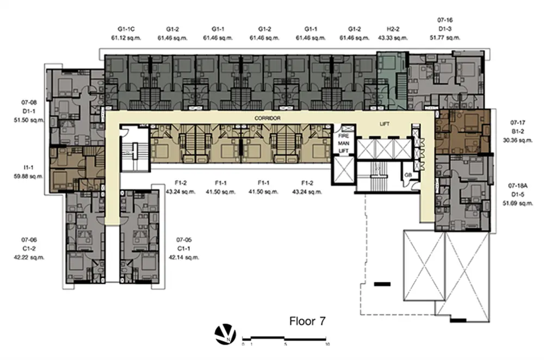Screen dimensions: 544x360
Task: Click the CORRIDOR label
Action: tap(267, 118)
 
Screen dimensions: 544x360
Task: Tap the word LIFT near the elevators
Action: tap(385, 124)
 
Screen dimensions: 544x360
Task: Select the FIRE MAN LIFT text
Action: tap(343, 143)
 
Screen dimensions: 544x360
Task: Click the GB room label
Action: tap(408, 175)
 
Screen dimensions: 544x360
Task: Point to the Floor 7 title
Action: tap(307, 321)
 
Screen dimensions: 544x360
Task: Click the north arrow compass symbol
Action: tap(225, 334)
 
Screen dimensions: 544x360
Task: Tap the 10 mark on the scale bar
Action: tap(327, 344)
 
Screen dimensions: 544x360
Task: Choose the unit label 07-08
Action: tap(29, 102)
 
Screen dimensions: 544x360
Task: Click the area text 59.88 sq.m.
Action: tap(29, 176)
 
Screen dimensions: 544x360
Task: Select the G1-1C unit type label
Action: tap(126, 29)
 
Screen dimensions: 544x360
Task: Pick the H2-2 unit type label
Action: tap(393, 29)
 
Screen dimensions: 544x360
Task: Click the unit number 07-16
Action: tap(445, 20)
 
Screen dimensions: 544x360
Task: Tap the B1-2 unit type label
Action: tap(517, 132)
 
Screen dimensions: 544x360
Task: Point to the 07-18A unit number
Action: tap(517, 185)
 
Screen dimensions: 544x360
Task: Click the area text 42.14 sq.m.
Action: tap(184, 257)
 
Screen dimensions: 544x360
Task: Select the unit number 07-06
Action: tap(29, 240)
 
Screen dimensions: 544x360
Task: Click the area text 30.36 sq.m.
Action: tap(517, 140)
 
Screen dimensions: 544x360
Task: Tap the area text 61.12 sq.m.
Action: tap(126, 38)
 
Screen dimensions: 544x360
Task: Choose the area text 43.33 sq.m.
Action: tap(393, 38)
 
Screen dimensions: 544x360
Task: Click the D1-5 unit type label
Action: tap(517, 195)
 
